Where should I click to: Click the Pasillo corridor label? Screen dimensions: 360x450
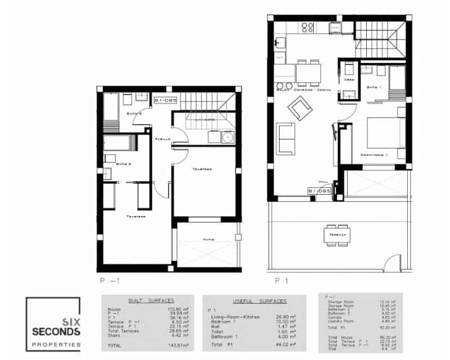pos(163,137)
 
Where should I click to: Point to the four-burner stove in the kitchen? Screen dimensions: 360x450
pos(308,27)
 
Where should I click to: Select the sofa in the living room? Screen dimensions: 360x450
pos(287,138)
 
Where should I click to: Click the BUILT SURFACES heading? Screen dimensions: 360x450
pos(151,301)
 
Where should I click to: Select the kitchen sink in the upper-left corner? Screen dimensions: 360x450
pos(279,43)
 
